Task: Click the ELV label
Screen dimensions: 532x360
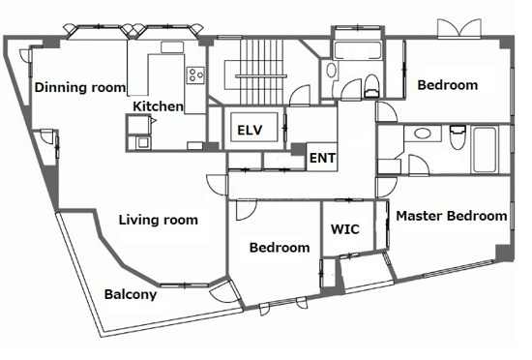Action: [x=250, y=130]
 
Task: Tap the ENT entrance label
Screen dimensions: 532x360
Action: [x=322, y=158]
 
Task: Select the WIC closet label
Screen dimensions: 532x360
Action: [x=345, y=229]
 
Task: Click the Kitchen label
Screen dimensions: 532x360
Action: [x=158, y=106]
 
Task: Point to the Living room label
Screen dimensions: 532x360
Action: [x=159, y=220]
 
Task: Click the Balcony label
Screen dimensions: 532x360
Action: [x=131, y=294]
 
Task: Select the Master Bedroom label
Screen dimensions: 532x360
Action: [x=452, y=216]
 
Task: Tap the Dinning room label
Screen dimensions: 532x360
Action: [x=80, y=87]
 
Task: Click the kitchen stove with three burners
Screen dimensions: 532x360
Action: [x=195, y=75]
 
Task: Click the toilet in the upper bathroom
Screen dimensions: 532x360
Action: [x=371, y=86]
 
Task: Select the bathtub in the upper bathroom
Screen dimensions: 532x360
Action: [x=358, y=50]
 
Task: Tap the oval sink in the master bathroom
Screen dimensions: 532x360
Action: [x=423, y=134]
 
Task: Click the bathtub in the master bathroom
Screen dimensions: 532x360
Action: [x=486, y=149]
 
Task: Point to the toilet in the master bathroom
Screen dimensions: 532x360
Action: [x=458, y=137]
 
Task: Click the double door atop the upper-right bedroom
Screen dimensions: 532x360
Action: [x=459, y=28]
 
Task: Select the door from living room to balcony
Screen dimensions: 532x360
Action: [x=224, y=291]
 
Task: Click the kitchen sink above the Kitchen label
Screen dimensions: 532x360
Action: [x=172, y=47]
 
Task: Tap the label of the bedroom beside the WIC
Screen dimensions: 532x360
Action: [x=280, y=248]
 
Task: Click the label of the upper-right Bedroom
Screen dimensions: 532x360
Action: [x=448, y=85]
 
